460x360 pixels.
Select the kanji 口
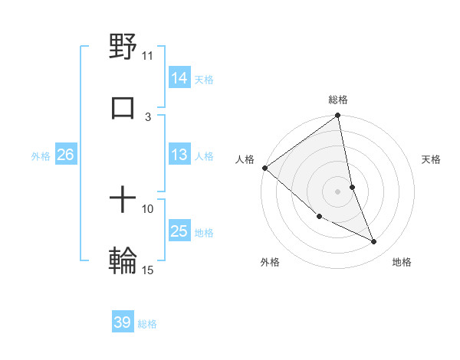pos(123,107)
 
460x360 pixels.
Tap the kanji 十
pos(123,201)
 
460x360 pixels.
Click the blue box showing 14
pos(179,78)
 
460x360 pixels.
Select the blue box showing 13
pos(179,155)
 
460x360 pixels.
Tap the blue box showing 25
pos(179,231)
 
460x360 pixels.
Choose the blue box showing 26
pos(65,155)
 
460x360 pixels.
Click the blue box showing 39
pos(123,322)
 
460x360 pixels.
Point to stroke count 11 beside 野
pos(148,55)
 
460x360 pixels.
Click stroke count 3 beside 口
pos(148,116)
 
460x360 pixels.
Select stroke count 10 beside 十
pos(148,208)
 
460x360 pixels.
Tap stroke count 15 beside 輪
pos(148,270)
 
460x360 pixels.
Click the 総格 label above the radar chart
pos(338,100)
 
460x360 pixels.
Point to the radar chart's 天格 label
pos(432,159)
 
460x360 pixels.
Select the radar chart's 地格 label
pos(402,262)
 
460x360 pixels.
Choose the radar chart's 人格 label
pos(245,159)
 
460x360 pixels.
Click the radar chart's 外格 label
pos(270,262)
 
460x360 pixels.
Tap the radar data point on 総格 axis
pos(338,116)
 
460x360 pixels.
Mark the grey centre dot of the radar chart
pos(338,191)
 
